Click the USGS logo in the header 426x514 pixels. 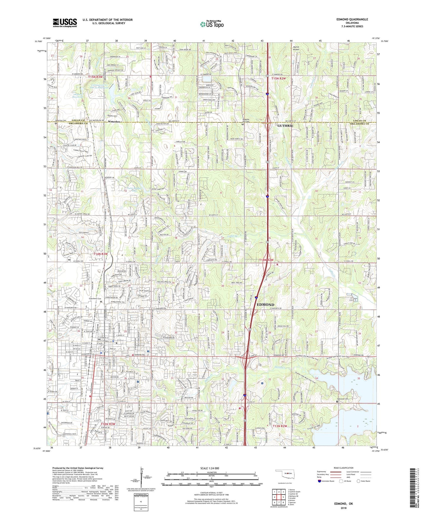(65, 23)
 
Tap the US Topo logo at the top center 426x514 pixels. (211, 24)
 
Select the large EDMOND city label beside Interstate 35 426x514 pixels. (265, 305)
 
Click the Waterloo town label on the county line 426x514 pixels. (114, 122)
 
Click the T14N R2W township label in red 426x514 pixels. (267, 260)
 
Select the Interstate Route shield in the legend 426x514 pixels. (320, 481)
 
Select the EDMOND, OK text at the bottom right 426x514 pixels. (343, 504)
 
